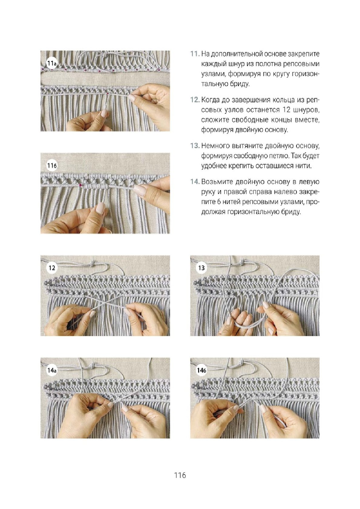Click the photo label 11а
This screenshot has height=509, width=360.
[x=52, y=63]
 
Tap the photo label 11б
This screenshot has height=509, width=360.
[x=52, y=166]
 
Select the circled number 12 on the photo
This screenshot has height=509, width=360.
[x=52, y=268]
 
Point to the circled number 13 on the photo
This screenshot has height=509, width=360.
[x=201, y=268]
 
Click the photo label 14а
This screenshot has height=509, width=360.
[x=52, y=370]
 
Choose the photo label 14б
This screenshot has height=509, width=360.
[x=201, y=370]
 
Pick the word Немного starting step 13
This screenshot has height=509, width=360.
[x=214, y=146]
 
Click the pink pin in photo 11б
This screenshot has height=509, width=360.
[x=80, y=185]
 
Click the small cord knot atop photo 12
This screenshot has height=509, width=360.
[x=93, y=263]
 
